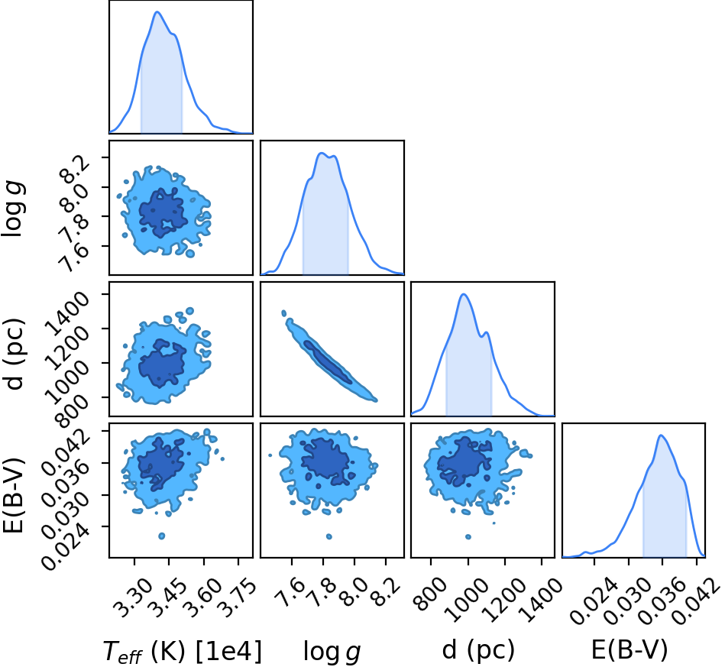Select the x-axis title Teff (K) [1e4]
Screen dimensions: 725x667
[182, 651]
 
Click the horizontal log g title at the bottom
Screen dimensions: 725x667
[332, 652]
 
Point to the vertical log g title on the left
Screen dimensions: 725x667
[15, 209]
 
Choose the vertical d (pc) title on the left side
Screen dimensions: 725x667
[15, 354]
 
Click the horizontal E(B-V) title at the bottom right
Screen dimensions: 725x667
[630, 650]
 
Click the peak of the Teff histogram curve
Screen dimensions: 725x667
[157, 11]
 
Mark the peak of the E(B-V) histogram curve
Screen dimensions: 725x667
[661, 435]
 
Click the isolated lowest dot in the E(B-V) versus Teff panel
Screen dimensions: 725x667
[162, 536]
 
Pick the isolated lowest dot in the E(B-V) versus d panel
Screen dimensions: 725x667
[468, 537]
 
